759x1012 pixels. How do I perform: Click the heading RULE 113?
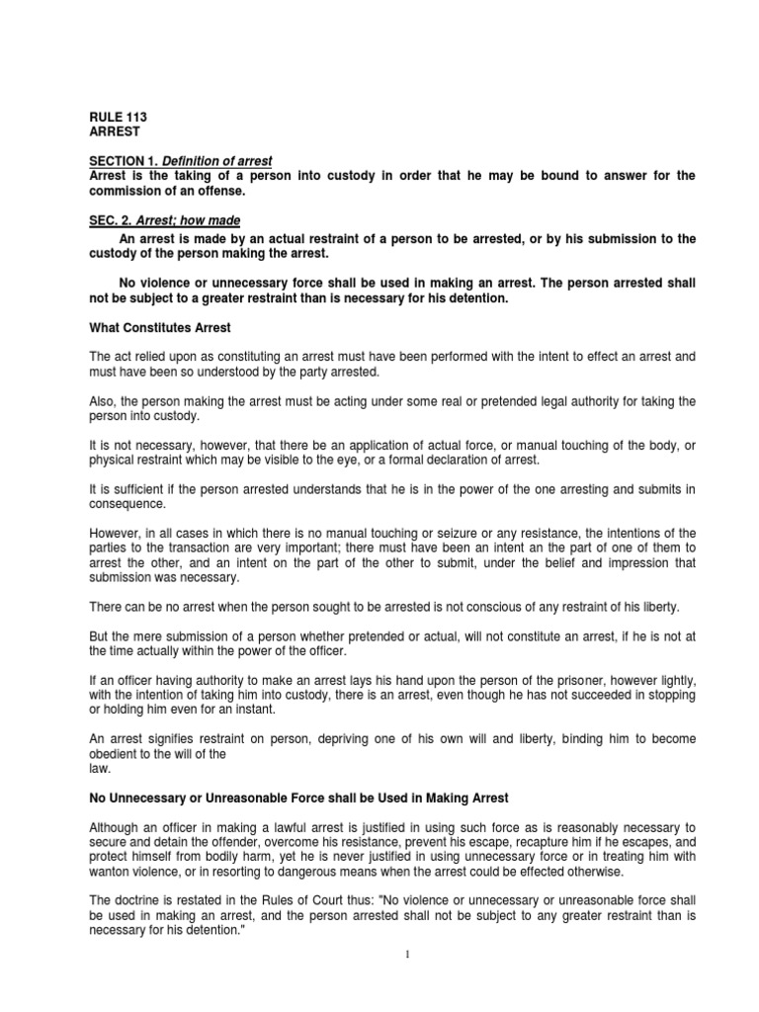coord(118,117)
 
